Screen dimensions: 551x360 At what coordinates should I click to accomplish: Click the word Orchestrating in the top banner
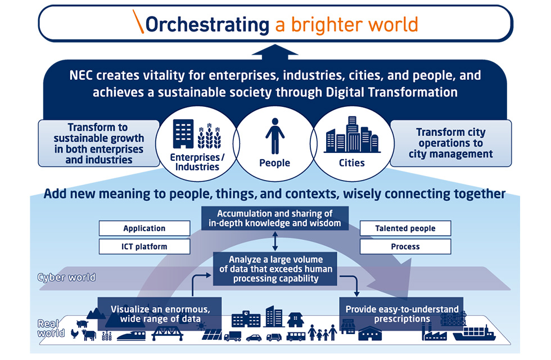coord(207,25)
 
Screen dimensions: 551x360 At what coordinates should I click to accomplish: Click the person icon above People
coord(275,136)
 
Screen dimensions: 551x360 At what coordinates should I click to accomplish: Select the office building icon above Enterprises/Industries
coord(183,134)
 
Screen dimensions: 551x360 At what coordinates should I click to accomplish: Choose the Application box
coord(144,228)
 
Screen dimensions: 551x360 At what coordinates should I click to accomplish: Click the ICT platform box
coord(144,246)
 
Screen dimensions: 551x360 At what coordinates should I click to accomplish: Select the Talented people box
coord(405,228)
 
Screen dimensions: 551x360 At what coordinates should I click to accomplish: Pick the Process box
coord(405,246)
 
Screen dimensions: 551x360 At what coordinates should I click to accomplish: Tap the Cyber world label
coord(66,277)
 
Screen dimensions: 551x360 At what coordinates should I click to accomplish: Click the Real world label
coord(51,328)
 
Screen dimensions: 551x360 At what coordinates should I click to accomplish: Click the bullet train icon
coord(131,336)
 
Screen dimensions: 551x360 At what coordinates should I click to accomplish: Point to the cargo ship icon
coord(474,333)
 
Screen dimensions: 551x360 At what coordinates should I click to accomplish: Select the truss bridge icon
coord(168,333)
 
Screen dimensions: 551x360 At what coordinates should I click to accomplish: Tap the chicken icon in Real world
coord(74,334)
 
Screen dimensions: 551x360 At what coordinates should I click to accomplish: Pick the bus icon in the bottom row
coord(296,336)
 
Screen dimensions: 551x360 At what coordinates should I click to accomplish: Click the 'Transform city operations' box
coord(451,143)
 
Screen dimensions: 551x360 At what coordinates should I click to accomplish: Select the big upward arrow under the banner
coord(275,52)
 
